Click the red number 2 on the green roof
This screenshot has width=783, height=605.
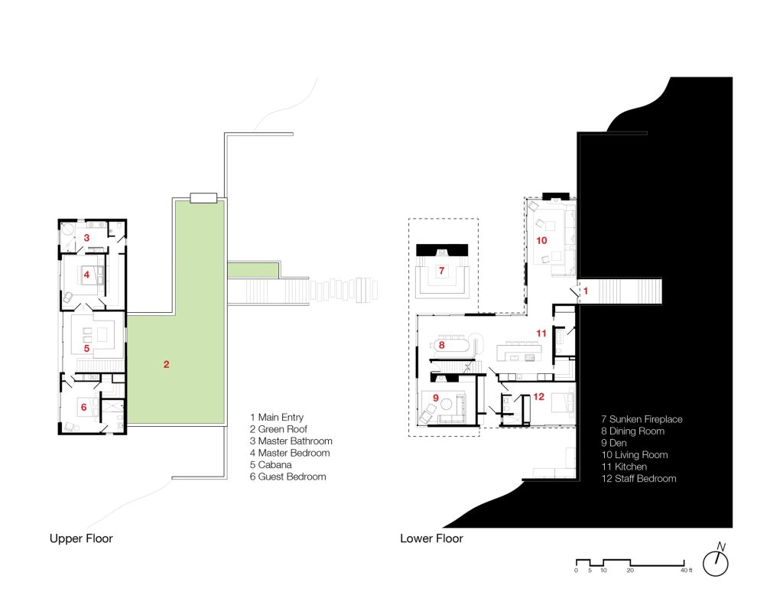click(x=166, y=364)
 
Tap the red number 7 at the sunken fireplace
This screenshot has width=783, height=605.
click(x=441, y=271)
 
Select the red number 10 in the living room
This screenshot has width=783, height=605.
click(x=542, y=240)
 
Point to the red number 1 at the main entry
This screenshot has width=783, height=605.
click(x=586, y=291)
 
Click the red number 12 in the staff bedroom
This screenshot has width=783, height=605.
click(x=538, y=397)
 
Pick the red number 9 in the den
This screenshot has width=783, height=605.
click(x=435, y=398)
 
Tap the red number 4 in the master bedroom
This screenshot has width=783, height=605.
click(x=86, y=275)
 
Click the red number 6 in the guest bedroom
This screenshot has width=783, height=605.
click(x=84, y=407)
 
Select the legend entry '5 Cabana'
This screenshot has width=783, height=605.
click(x=271, y=464)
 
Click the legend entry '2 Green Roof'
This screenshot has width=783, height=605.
click(x=278, y=429)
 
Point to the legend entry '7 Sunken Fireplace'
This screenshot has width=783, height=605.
click(x=642, y=419)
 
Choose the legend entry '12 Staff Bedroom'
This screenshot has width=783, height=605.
click(x=638, y=479)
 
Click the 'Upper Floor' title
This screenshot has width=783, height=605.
click(x=81, y=538)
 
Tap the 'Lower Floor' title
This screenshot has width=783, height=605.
click(x=431, y=538)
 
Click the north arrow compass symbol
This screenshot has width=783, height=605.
click(x=716, y=561)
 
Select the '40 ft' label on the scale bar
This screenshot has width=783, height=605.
click(x=687, y=571)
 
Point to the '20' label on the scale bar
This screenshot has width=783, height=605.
click(x=630, y=571)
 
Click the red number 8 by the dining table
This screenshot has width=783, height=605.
click(x=441, y=345)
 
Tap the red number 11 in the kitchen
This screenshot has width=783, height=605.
click(x=541, y=333)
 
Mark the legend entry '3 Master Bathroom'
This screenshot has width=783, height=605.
click(x=291, y=441)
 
